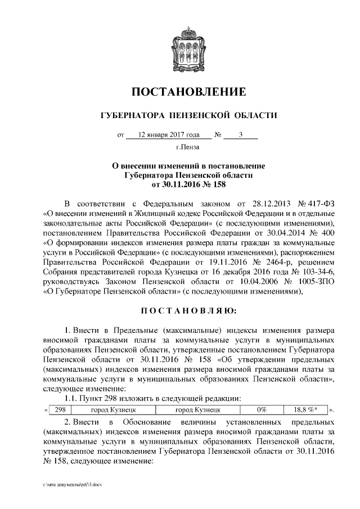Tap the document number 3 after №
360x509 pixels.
[240, 135]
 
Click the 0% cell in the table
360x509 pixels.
[261, 410]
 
